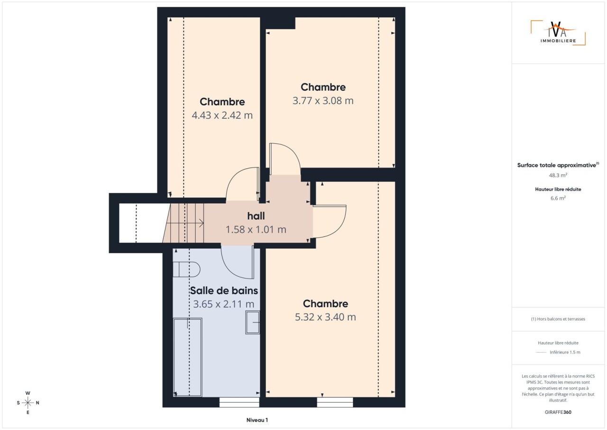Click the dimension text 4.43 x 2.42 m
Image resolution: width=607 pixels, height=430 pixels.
pyautogui.click(x=222, y=115)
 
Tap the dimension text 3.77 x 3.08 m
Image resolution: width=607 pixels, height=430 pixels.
pyautogui.click(x=323, y=101)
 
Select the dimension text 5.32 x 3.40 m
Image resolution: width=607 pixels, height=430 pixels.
pyautogui.click(x=325, y=317)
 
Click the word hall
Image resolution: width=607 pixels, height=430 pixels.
pyautogui.click(x=256, y=216)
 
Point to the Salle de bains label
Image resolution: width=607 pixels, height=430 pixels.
pyautogui.click(x=224, y=290)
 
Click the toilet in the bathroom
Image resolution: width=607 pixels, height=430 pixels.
pyautogui.click(x=186, y=270)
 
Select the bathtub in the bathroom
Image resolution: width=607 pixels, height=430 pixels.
pyautogui.click(x=187, y=357)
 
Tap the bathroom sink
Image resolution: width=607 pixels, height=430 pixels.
pyautogui.click(x=253, y=322)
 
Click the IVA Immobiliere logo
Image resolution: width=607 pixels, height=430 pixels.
pyautogui.click(x=558, y=33)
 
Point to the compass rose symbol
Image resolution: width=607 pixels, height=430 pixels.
pyautogui.click(x=28, y=402)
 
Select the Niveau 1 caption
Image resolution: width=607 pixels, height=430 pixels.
pyautogui.click(x=257, y=420)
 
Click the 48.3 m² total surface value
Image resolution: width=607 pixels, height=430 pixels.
pyautogui.click(x=558, y=175)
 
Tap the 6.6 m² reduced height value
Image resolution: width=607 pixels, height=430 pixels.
pyautogui.click(x=558, y=198)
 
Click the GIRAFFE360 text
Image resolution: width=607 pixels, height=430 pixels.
pyautogui.click(x=558, y=412)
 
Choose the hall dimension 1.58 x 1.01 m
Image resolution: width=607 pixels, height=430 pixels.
pyautogui.click(x=256, y=230)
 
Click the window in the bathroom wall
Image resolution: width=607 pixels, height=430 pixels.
pyautogui.click(x=239, y=402)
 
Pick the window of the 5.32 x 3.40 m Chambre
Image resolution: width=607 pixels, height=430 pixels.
pyautogui.click(x=335, y=402)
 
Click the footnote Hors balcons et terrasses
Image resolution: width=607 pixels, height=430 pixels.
pyautogui.click(x=558, y=319)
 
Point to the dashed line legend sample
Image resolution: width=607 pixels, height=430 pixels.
pyautogui.click(x=541, y=353)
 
